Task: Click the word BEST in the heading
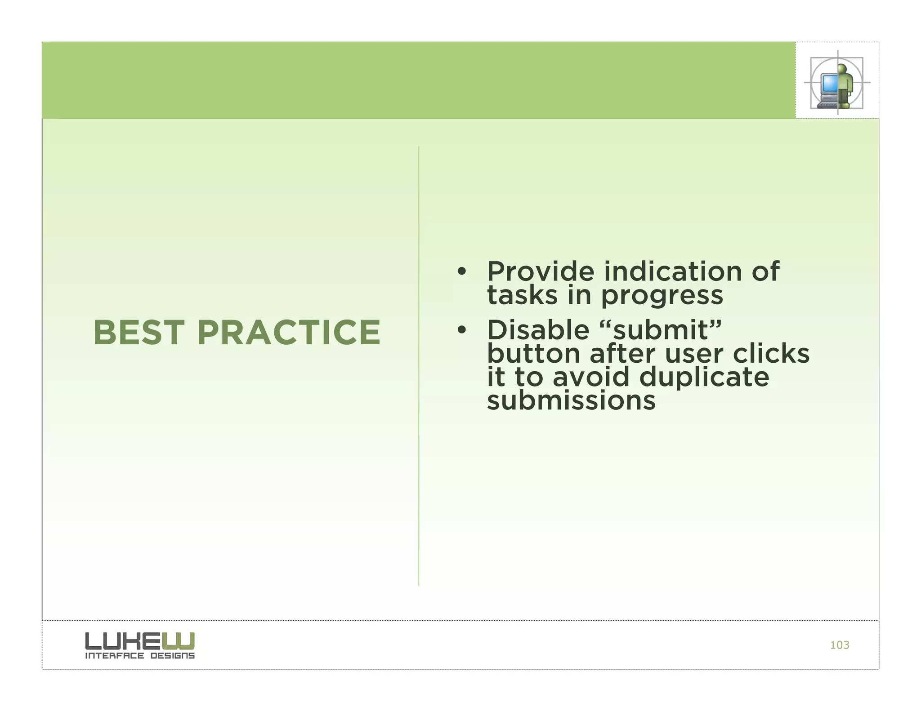coord(139,333)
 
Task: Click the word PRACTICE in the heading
coord(289,333)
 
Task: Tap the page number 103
coord(839,645)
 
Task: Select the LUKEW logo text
coord(140,641)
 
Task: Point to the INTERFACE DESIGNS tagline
coord(140,656)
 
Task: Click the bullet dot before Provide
coord(461,272)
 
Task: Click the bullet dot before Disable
coord(461,331)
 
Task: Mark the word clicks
coord(771,354)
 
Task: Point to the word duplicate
coord(704,377)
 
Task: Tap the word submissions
coord(571,400)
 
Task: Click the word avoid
coord(590,377)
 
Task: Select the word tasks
coord(522,296)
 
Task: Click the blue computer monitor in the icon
coord(829,83)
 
